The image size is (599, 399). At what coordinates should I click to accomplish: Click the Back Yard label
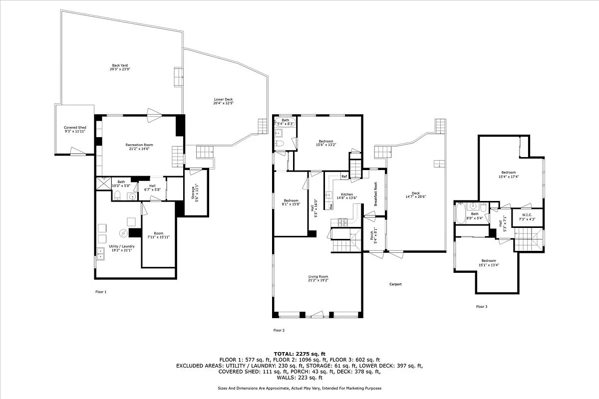click(x=120, y=65)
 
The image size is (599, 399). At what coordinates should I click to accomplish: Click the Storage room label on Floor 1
click(x=195, y=193)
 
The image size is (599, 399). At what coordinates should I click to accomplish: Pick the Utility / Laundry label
click(x=120, y=246)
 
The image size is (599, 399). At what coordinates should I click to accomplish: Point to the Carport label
click(x=395, y=284)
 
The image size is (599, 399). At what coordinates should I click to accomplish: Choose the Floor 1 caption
click(x=101, y=292)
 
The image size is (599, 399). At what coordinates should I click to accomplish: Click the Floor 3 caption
click(x=481, y=307)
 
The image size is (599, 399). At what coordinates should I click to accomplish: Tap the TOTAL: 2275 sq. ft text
click(x=299, y=353)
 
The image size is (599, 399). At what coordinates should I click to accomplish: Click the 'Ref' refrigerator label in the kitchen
click(x=344, y=177)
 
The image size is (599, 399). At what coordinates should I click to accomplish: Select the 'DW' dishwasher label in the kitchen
click(x=331, y=205)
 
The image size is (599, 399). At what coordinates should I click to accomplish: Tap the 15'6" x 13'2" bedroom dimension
click(x=325, y=145)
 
